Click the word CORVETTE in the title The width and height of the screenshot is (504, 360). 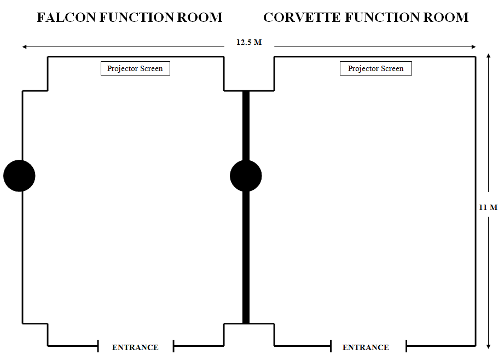(302, 18)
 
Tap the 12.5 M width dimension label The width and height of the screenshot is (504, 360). (249, 42)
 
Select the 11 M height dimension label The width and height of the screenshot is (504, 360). (488, 207)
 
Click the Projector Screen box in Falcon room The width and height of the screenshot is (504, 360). (135, 68)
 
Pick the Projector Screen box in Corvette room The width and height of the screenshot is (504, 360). (376, 68)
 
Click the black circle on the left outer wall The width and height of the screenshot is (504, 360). (19, 176)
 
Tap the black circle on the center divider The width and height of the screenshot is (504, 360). (246, 176)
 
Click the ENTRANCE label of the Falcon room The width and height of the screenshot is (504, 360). (135, 347)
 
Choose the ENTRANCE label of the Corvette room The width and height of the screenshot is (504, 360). (366, 347)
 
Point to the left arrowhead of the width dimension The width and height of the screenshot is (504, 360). (24, 47)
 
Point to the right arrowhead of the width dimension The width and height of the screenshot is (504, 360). (474, 47)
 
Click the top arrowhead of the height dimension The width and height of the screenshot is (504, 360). (489, 56)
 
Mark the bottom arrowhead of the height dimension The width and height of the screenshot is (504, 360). (489, 346)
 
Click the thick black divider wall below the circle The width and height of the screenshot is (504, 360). (246, 257)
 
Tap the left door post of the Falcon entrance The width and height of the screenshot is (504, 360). (98, 346)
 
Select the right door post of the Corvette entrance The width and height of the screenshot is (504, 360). (406, 346)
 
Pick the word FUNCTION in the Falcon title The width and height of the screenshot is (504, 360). (136, 18)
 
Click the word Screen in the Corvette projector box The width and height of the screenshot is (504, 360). (392, 68)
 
